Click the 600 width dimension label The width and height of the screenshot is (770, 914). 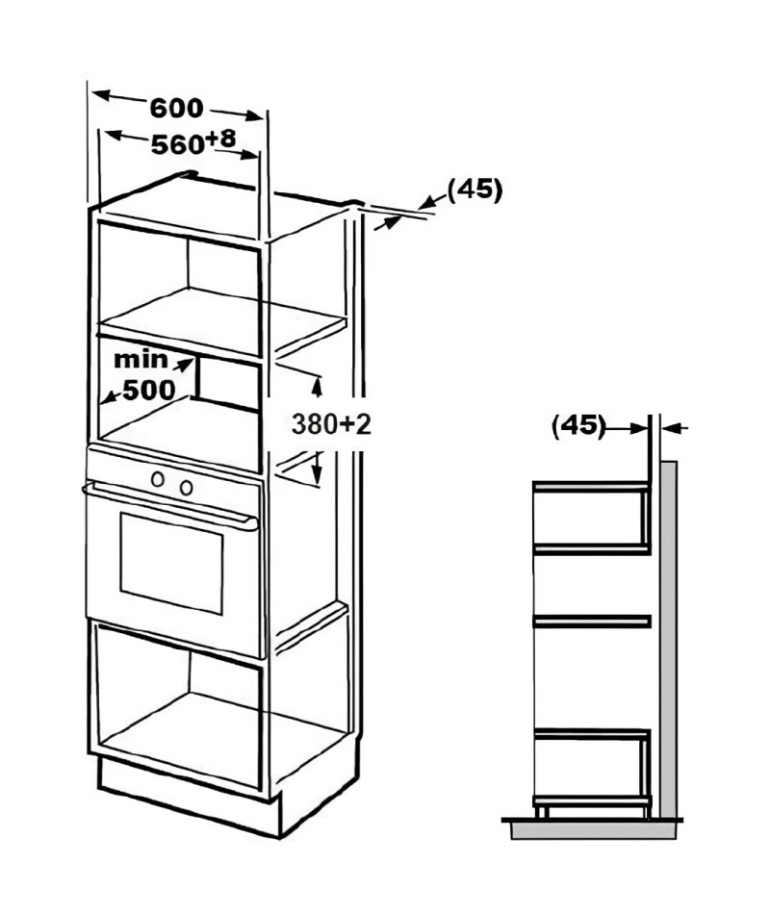(177, 108)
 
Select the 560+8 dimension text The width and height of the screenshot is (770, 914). (193, 142)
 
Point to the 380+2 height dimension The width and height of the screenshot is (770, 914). (331, 423)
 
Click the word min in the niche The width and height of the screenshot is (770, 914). (141, 360)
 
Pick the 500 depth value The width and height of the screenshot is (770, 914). (149, 390)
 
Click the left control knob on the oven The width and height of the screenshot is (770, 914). (158, 479)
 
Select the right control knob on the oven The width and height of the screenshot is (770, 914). (186, 488)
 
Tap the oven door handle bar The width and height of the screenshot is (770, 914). (169, 505)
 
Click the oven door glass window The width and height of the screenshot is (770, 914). (171, 563)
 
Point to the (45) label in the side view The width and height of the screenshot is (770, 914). (578, 425)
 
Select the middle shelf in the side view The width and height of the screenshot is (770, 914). (592, 622)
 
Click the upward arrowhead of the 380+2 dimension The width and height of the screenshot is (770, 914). (318, 385)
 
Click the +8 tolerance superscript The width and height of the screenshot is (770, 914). (220, 139)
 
